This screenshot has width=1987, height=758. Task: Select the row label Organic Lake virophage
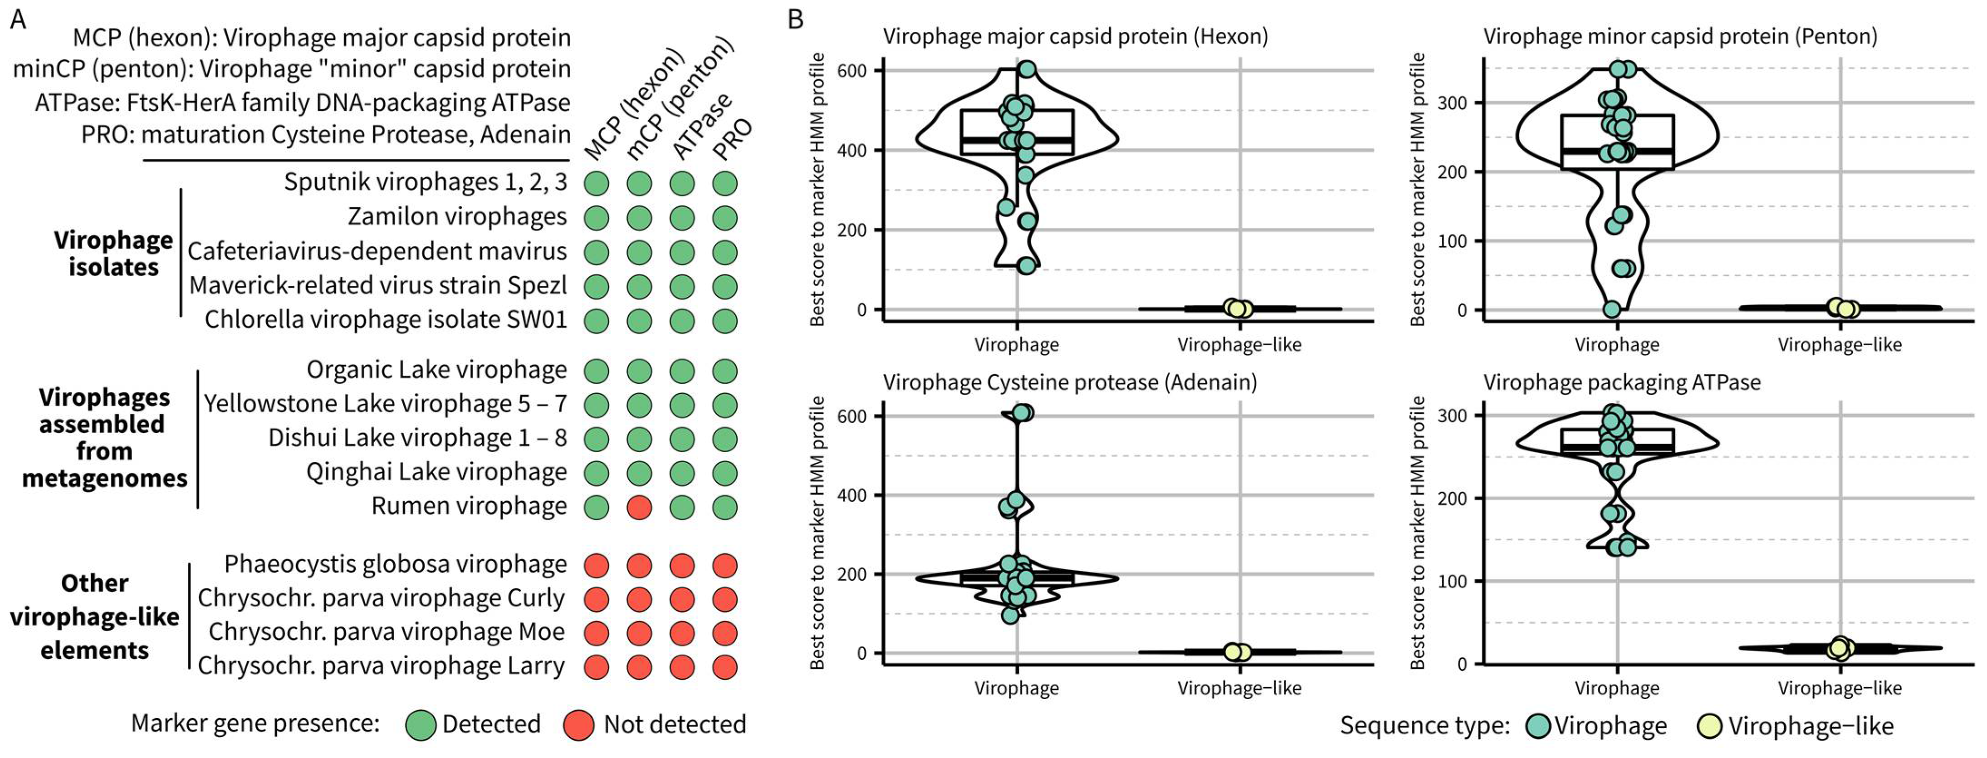[436, 370]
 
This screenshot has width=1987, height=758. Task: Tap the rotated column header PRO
[731, 139]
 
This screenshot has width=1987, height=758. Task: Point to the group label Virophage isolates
[113, 254]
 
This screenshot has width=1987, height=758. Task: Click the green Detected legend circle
[421, 725]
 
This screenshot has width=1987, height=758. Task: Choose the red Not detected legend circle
[578, 725]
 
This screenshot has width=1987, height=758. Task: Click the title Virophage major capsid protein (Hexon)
[1075, 36]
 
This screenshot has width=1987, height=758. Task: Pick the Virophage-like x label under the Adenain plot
[1239, 688]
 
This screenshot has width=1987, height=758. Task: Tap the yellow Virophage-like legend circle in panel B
[1710, 726]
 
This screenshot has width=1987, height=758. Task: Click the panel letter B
[795, 19]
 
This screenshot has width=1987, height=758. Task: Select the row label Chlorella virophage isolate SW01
[386, 320]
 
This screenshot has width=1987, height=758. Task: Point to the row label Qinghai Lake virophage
[436, 472]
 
